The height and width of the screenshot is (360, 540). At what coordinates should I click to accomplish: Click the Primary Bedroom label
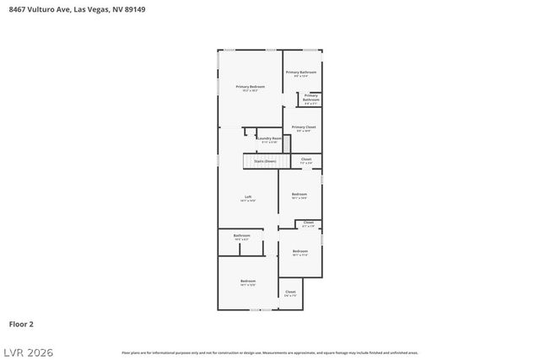pos(250,88)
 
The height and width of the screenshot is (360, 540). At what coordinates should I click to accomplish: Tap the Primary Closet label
pos(303,128)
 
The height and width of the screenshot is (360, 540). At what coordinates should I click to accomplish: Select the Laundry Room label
pos(269,139)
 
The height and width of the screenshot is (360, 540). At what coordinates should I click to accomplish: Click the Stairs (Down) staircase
pos(263,160)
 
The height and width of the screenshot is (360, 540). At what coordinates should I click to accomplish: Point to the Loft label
pos(248,198)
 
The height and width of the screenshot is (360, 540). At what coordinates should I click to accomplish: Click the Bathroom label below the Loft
pos(241,236)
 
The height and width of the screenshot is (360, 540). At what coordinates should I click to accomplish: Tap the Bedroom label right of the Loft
pos(300,195)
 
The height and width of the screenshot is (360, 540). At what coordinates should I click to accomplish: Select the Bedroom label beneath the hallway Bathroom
pos(247,282)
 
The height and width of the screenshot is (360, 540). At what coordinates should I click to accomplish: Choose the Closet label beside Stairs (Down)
pos(306,160)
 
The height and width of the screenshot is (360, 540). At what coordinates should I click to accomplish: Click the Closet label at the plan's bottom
pos(290,293)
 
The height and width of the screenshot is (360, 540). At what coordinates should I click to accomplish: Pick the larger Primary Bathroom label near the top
pos(301,73)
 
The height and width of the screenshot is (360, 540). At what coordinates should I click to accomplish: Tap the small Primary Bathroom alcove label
pos(310,98)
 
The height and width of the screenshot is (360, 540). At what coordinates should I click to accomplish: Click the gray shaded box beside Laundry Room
pos(286,143)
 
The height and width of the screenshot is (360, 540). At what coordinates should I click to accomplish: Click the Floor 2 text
pos(21,323)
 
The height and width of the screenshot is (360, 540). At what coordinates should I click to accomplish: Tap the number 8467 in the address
pos(17,9)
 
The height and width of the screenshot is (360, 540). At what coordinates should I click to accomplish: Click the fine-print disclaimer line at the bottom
pos(269,352)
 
